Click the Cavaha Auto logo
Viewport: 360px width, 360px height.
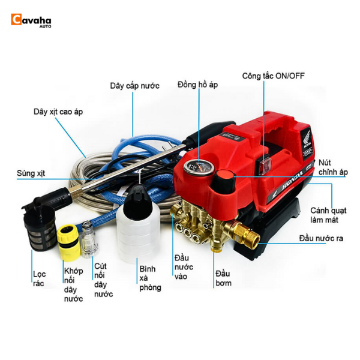pos(31,21)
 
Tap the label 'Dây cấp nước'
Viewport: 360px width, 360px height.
pos(134,86)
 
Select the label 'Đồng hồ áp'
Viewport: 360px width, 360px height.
pos(197,85)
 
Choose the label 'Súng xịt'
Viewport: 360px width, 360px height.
pos(30,173)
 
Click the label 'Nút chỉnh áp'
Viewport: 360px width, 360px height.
pos(334,167)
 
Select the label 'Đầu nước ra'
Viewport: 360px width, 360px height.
pos(321,238)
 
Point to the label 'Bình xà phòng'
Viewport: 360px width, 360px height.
pos(150,278)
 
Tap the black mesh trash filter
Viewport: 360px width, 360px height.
pos(40,228)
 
